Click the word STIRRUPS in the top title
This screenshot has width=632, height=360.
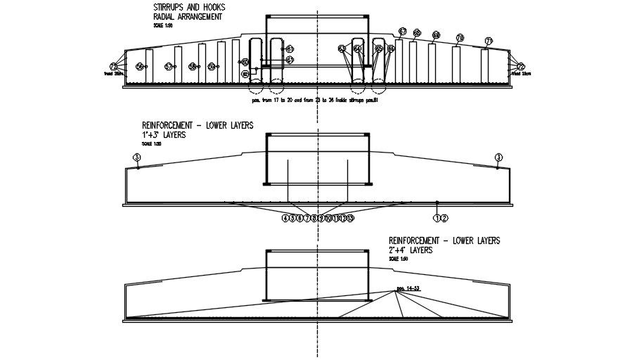pos(169,7)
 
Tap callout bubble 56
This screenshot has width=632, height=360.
pos(140,66)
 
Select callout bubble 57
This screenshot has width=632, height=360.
pos(169,66)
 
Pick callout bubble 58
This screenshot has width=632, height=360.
pos(193,66)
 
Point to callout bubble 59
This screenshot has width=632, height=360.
pos(211,66)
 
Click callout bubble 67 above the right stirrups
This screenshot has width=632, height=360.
pos(403,31)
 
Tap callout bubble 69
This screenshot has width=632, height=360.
pos(436,34)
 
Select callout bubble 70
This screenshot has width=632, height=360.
pos(460,37)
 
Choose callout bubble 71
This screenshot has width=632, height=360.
pos(489,41)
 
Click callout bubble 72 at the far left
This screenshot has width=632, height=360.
pos(114,66)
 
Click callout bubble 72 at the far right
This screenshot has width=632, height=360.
pos(521,66)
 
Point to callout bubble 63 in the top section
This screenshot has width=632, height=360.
pos(342,49)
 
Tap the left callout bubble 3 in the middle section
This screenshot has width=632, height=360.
pos(136,157)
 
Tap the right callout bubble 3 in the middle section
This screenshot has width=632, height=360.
pos(499,157)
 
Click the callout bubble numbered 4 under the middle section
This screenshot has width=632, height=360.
pos(285,218)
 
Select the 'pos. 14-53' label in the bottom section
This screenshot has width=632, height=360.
pos(408,288)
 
